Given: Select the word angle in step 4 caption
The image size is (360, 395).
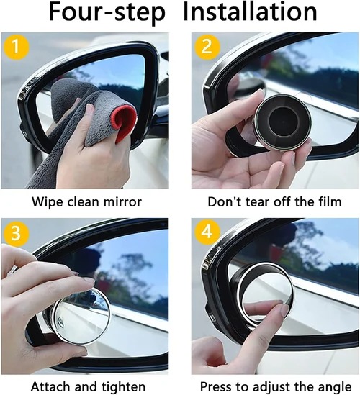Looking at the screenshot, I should pyautogui.click(x=325, y=386).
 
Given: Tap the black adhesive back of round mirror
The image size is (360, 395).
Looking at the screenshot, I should pyautogui.click(x=277, y=119).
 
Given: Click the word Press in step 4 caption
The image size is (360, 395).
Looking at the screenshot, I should pyautogui.click(x=216, y=386).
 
